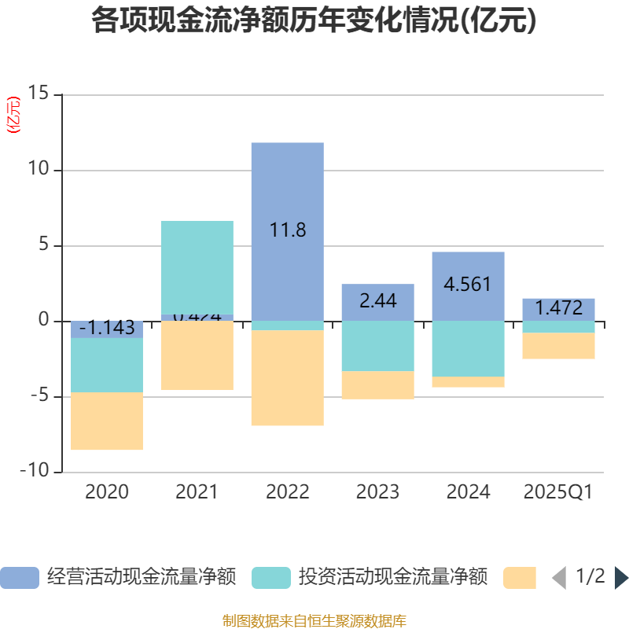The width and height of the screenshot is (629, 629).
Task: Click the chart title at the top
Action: click(x=314, y=21)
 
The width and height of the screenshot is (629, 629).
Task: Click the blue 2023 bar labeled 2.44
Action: click(x=377, y=302)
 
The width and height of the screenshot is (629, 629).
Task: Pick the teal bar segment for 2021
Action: click(x=197, y=267)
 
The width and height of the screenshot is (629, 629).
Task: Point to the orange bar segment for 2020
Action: click(x=107, y=421)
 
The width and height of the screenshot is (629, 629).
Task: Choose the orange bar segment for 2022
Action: click(x=287, y=378)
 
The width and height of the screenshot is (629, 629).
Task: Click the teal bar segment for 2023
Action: click(x=377, y=346)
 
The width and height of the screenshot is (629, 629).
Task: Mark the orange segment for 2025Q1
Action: click(x=558, y=346)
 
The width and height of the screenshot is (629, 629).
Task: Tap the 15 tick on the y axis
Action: click(x=38, y=94)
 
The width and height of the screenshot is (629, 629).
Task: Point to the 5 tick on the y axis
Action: click(x=43, y=245)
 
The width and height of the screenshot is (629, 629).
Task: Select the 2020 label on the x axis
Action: click(x=107, y=493)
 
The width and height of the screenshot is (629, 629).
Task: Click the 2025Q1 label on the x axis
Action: click(x=558, y=493)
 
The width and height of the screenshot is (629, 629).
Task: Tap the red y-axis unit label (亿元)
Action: click(x=13, y=116)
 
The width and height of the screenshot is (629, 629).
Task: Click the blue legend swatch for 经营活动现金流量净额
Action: click(x=19, y=578)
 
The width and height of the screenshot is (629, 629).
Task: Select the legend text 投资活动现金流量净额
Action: click(x=392, y=578)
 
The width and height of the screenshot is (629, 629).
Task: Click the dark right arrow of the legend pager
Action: click(x=621, y=578)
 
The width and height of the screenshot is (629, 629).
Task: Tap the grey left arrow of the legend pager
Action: click(x=559, y=578)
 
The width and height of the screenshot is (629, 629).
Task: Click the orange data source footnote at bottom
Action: click(x=314, y=621)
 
